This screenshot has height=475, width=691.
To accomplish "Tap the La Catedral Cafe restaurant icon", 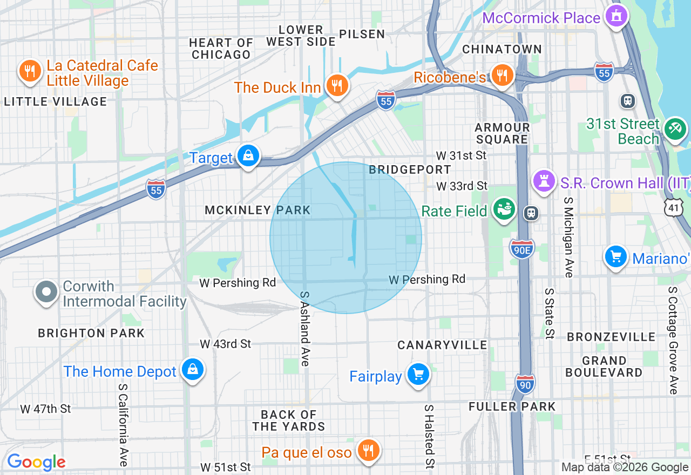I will pyautogui.click(x=30, y=71).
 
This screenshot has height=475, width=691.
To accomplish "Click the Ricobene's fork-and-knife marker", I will pyautogui.click(x=502, y=76).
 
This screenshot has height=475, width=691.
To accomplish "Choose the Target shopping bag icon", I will pyautogui.click(x=248, y=157).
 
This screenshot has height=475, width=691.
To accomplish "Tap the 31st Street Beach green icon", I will pyautogui.click(x=675, y=129).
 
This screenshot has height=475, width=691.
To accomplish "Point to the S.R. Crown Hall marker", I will pyautogui.click(x=544, y=181).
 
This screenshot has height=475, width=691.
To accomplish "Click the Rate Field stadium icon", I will pyautogui.click(x=505, y=209).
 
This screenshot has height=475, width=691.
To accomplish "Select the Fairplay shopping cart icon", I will pyautogui.click(x=418, y=374).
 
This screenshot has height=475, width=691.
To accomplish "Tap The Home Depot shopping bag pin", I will pyautogui.click(x=192, y=370).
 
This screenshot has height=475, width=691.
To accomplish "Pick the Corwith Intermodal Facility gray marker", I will pyautogui.click(x=47, y=292).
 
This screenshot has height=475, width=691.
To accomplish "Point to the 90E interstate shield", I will pyautogui.click(x=521, y=249).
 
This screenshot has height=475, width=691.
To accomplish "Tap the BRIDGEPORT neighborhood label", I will pyautogui.click(x=410, y=169).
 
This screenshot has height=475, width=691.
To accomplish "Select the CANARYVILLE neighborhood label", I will pyautogui.click(x=442, y=345).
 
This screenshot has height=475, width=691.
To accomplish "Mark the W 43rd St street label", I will pyautogui.click(x=226, y=344).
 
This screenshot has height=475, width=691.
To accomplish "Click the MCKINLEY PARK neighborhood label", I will pyautogui.click(x=258, y=211).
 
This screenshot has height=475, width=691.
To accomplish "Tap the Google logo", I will pyautogui.click(x=36, y=462).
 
